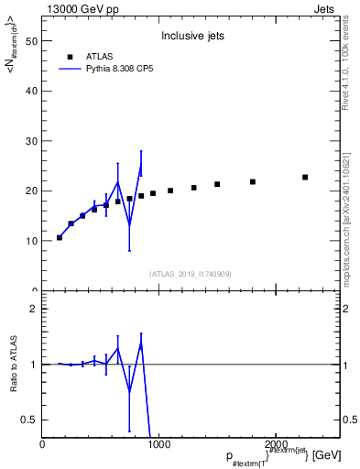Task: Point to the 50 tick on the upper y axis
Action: coord(33,41)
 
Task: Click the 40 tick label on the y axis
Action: coord(33,91)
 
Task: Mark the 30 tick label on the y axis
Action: coord(33,141)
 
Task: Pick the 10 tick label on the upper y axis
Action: coord(33,241)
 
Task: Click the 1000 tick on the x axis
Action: coord(158,444)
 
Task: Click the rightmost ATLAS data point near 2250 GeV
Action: coord(305,177)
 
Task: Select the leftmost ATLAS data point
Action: coord(60,237)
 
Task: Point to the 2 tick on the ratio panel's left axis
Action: coord(32,309)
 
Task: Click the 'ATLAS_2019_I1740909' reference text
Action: coord(190,274)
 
